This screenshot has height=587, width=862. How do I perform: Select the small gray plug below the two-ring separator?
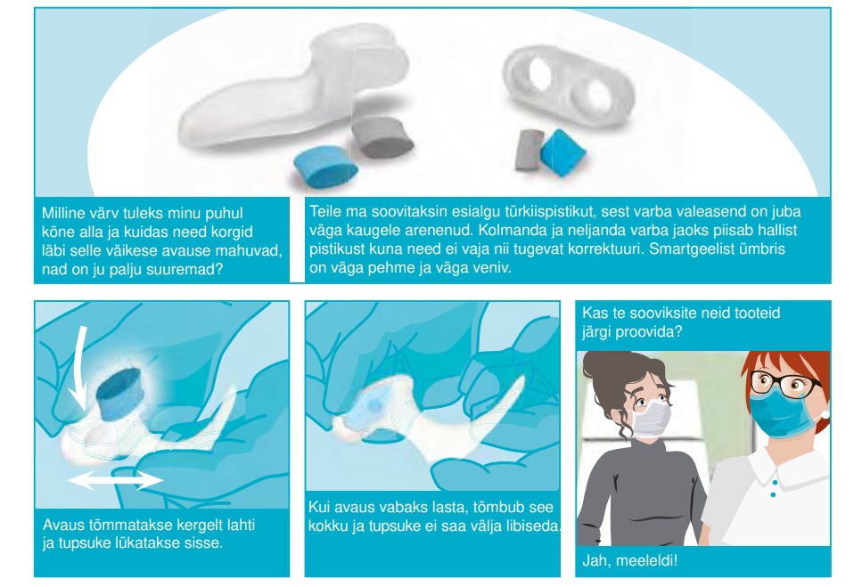(527, 150)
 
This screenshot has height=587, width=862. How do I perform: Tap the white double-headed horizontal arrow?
(116, 480)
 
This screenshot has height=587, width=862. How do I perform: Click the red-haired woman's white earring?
(824, 414)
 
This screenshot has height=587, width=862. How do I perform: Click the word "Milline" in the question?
(62, 213)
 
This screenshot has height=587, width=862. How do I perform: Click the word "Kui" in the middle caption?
(318, 507)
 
